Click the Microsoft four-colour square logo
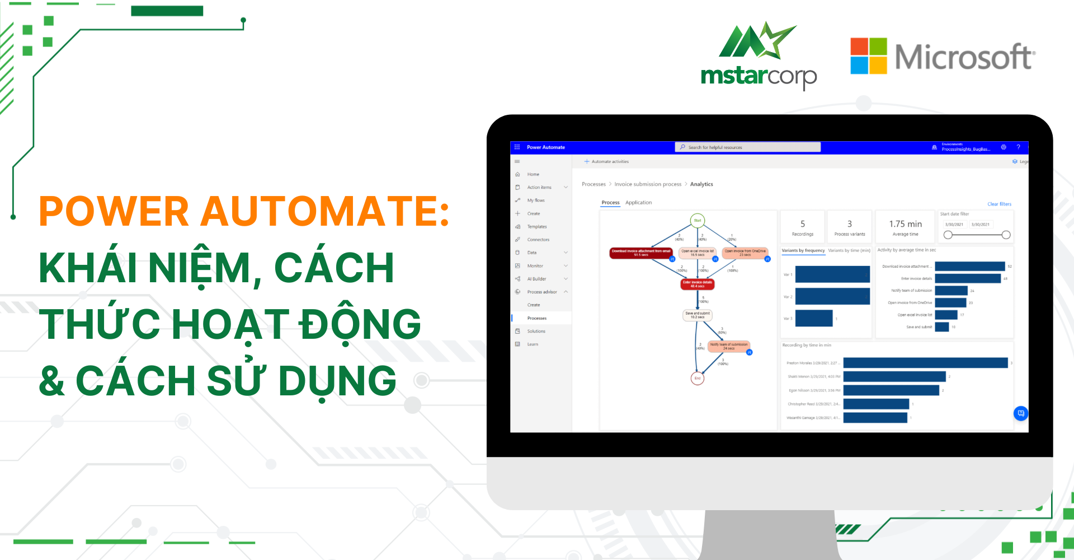(x=868, y=56)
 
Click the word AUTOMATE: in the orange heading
(x=325, y=212)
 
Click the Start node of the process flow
(x=697, y=221)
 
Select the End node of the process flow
(x=697, y=379)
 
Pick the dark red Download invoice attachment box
(x=640, y=253)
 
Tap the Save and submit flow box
(x=697, y=315)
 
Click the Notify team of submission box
(x=728, y=347)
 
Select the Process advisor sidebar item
(x=541, y=292)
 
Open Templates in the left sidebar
(x=537, y=227)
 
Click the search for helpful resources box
(x=747, y=147)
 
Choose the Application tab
(x=638, y=203)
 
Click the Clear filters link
(x=999, y=204)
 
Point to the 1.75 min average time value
(x=905, y=224)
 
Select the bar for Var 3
(x=813, y=318)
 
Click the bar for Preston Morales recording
(x=925, y=363)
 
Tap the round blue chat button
(x=1020, y=413)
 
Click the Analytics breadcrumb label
(x=701, y=184)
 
